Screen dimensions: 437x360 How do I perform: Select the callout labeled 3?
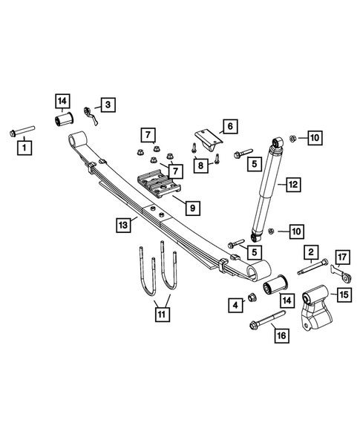click(x=108, y=105)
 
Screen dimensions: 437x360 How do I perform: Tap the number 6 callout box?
click(x=229, y=127)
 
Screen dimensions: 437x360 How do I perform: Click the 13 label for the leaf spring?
click(x=122, y=223)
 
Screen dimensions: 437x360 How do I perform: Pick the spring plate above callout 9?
click(x=159, y=184)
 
